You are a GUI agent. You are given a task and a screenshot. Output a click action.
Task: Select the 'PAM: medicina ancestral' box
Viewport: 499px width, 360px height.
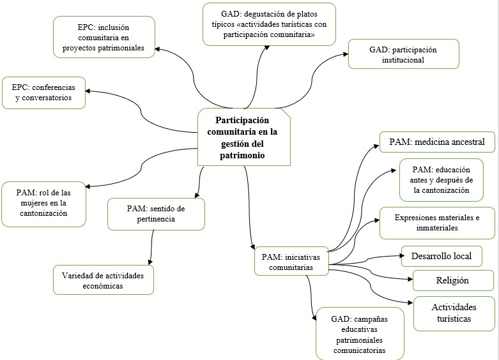click(437, 142)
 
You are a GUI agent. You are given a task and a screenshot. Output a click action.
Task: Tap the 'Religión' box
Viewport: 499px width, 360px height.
click(453, 280)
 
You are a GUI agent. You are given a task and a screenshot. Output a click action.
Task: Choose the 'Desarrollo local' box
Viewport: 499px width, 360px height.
click(441, 256)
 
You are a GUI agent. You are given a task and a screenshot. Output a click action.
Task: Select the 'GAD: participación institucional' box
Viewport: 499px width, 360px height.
click(404, 55)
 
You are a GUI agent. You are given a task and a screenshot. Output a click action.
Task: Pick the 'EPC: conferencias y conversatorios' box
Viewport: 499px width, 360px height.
click(43, 93)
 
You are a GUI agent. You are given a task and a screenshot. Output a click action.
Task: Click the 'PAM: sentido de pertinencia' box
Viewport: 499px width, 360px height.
click(156, 214)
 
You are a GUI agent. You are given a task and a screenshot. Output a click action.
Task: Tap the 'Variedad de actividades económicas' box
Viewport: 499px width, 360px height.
click(103, 280)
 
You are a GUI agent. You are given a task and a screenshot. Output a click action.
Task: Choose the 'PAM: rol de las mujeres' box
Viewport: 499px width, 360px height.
click(43, 204)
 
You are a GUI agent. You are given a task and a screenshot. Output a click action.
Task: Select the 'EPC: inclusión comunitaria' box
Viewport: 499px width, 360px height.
click(104, 38)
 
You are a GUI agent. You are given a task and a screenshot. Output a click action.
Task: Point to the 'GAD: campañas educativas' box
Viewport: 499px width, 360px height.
click(359, 333)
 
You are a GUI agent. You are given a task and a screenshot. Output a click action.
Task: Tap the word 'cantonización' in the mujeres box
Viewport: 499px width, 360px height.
click(43, 214)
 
